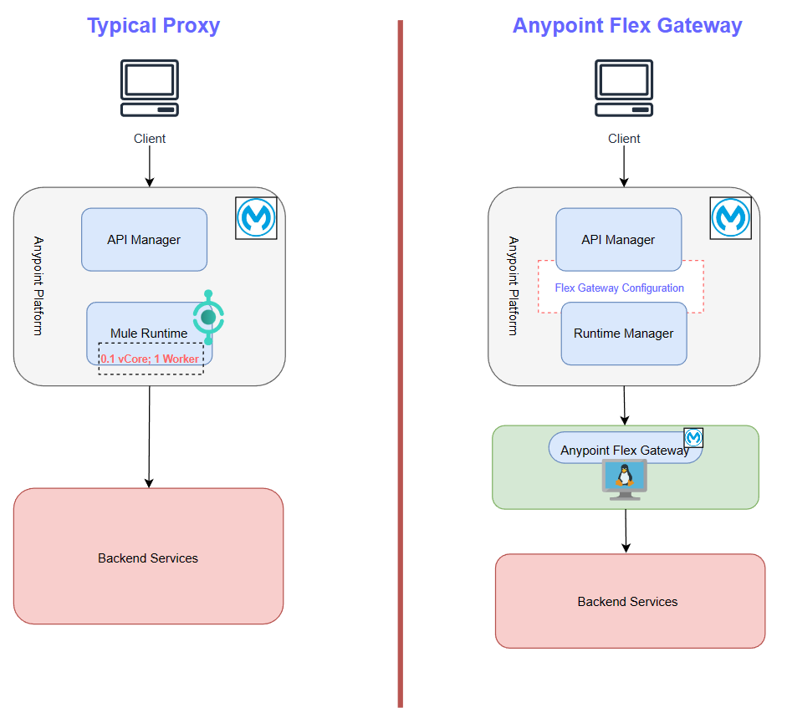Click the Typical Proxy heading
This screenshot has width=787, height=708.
153,26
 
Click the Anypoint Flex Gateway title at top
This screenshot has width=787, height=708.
626,26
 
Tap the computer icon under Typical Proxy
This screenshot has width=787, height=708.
150,88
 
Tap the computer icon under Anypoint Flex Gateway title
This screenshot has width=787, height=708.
623,88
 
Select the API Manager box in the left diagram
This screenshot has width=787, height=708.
144,240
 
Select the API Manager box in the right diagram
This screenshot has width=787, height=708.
618,240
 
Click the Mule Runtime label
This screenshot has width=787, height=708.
149,334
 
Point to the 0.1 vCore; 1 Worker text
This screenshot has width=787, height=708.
151,359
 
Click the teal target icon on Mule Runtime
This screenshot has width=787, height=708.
208,317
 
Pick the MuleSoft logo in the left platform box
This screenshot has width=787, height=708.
256,218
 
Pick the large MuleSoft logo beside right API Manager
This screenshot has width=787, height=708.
730,218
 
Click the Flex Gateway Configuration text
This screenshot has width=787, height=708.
619,288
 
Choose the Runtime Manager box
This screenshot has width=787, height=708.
623,334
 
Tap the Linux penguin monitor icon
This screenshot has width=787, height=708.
623,479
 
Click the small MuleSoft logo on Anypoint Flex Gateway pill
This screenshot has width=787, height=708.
693,438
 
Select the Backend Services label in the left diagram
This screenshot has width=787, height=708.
148,558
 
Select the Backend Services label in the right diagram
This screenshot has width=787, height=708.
627,602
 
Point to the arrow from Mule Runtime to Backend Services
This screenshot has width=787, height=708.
149,435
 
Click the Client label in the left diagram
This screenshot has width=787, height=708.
150,139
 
